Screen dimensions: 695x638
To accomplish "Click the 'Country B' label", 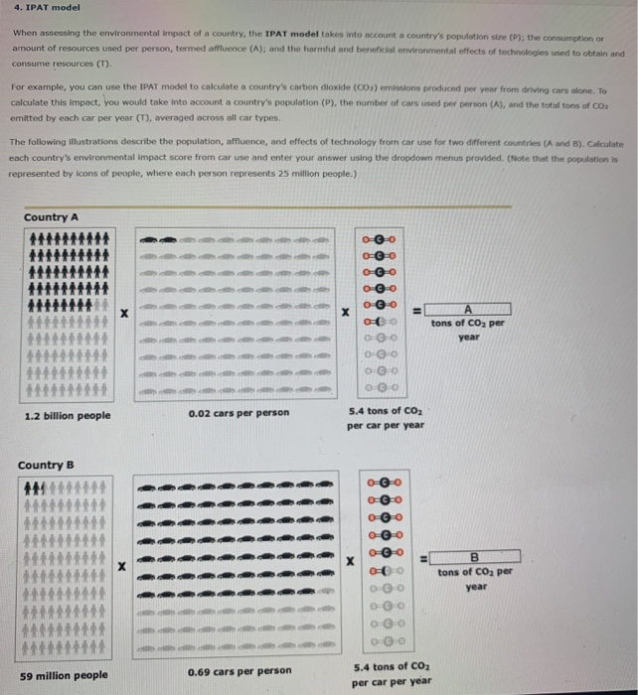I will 46,466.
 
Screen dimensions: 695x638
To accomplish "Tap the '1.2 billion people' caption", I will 67,415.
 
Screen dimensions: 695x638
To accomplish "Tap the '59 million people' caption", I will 64,675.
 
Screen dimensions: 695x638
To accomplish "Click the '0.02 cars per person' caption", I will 239,413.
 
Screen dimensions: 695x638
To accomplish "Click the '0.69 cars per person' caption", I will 239,671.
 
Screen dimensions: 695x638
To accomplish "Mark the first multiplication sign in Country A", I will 123,313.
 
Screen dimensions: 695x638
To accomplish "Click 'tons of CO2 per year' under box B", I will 475,578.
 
